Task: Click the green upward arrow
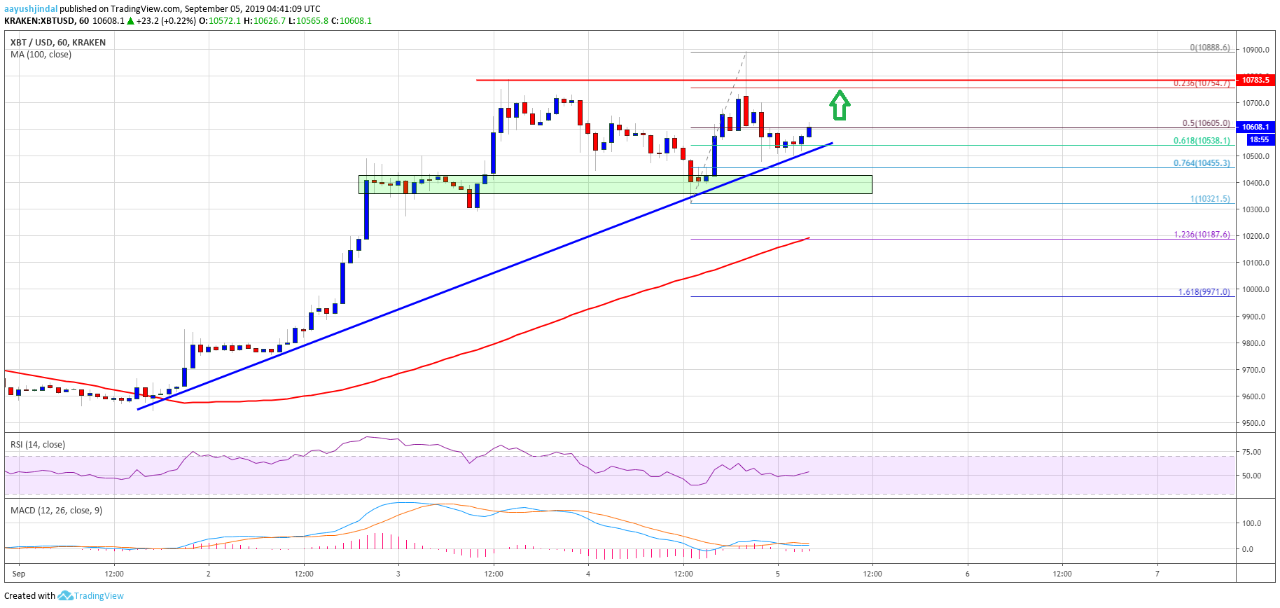point(840,105)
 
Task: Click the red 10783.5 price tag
point(1255,80)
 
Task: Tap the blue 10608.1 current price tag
point(1255,127)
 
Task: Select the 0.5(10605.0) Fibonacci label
point(1206,123)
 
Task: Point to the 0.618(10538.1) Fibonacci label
point(1202,141)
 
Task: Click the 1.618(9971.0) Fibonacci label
point(1204,292)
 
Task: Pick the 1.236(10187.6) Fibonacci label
point(1202,235)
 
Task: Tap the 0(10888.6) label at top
point(1209,48)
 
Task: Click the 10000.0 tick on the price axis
point(1256,289)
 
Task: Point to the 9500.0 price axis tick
point(1256,423)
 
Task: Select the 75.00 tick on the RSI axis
point(1251,452)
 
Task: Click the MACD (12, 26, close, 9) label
point(56,510)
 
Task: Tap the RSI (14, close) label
point(38,444)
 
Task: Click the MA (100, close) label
point(41,55)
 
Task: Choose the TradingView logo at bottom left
point(91,595)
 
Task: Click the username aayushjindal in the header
point(31,9)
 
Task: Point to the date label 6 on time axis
point(967,574)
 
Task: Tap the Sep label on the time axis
point(19,574)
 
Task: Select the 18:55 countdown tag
point(1259,139)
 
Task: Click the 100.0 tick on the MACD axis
point(1251,523)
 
